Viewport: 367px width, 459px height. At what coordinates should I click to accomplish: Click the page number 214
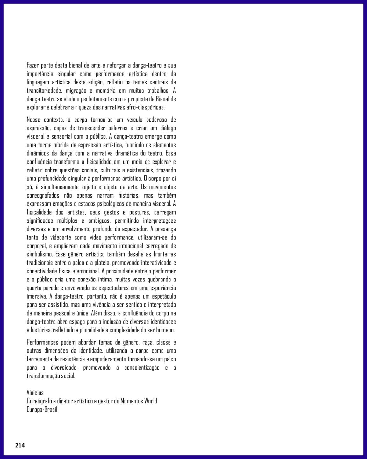pyautogui.click(x=20, y=445)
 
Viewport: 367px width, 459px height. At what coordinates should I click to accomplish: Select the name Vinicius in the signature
pyautogui.click(x=35, y=393)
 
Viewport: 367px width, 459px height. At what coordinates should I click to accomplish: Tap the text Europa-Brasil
pyautogui.click(x=42, y=410)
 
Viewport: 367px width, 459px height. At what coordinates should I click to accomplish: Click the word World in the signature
pyautogui.click(x=150, y=401)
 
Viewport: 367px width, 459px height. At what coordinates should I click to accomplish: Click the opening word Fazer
pyautogui.click(x=32, y=65)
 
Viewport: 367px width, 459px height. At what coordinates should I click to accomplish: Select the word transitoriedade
pyautogui.click(x=44, y=91)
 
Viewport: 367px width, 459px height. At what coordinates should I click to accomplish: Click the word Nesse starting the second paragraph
pyautogui.click(x=34, y=120)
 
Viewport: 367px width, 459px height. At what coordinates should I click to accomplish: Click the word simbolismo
pyautogui.click(x=40, y=254)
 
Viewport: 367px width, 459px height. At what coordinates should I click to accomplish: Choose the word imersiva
pyautogui.click(x=37, y=296)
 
